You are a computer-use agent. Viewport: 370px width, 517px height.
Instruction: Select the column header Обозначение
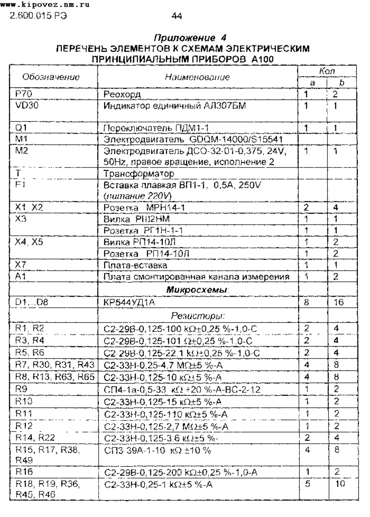(x=51, y=77)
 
